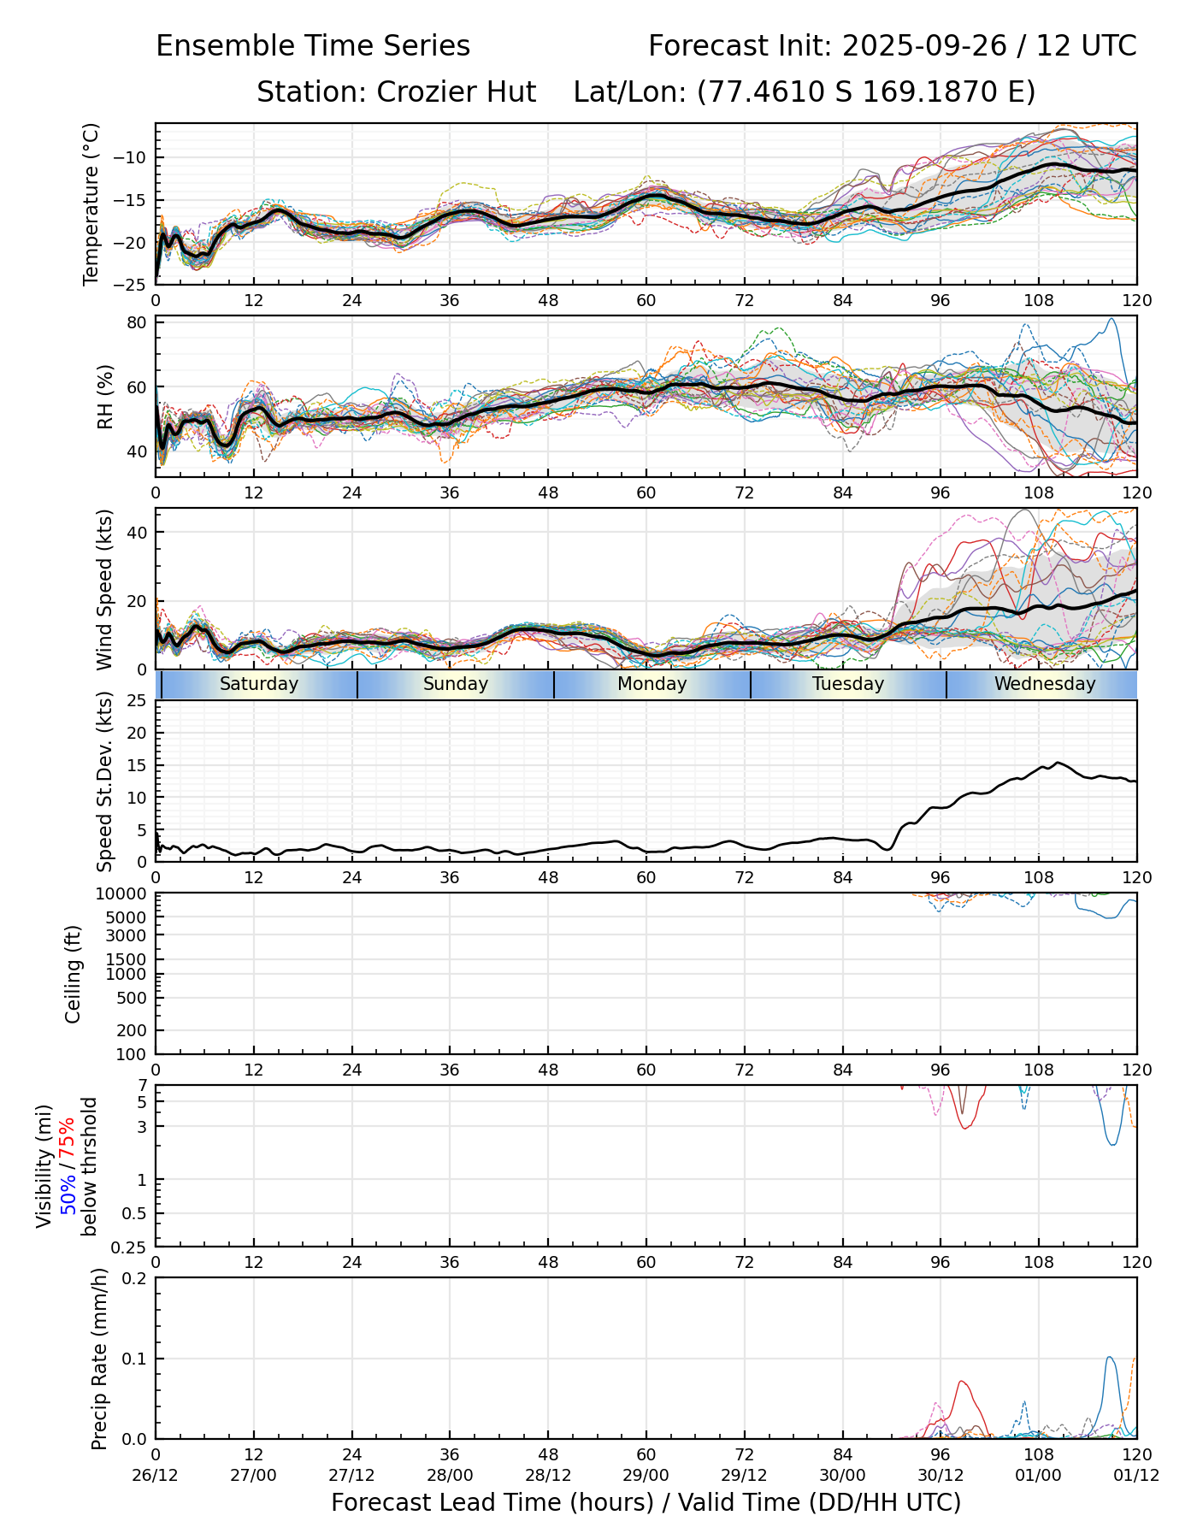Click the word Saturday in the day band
259,684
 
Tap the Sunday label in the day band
456,684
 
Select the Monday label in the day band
652,684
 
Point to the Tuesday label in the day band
848,684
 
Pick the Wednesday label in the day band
1045,684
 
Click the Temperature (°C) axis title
91,203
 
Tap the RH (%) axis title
105,397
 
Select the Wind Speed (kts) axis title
104,589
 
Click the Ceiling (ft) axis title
74,974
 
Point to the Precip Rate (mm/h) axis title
99,1359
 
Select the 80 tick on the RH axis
137,322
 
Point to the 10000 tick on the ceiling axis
122,894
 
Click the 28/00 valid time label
450,1475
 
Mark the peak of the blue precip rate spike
1109,1357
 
